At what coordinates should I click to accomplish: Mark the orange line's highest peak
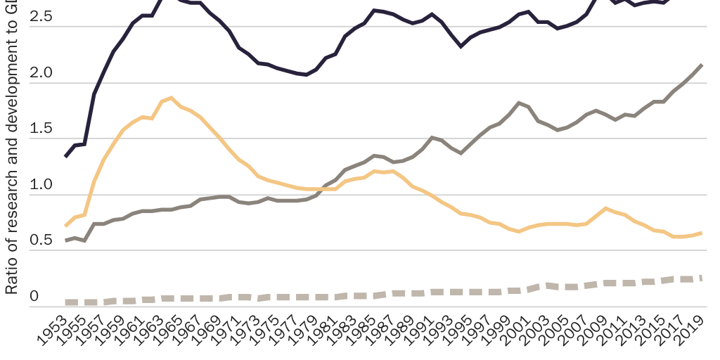click(x=172, y=98)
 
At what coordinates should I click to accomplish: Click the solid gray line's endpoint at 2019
click(x=701, y=65)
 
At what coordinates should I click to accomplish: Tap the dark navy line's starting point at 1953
click(x=65, y=156)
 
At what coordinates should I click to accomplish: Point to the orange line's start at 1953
click(x=65, y=226)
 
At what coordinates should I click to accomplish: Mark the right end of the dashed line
click(x=701, y=278)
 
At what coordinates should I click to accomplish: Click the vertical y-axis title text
click(x=12, y=155)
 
